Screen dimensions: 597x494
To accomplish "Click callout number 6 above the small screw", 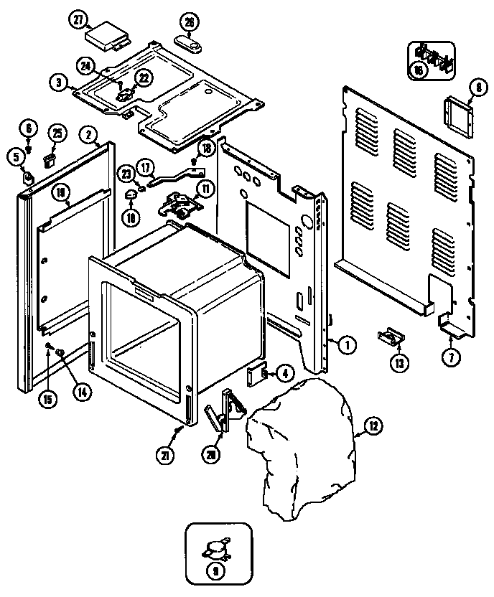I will (x=28, y=129).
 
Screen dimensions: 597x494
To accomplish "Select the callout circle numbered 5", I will (x=15, y=155).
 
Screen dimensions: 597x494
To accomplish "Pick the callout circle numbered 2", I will (x=88, y=133).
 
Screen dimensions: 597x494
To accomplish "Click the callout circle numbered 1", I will (x=347, y=345).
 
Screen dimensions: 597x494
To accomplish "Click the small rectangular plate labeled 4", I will (x=256, y=374).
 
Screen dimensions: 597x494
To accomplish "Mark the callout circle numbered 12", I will (x=374, y=427).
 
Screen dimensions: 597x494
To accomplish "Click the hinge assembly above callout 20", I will (x=225, y=412).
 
